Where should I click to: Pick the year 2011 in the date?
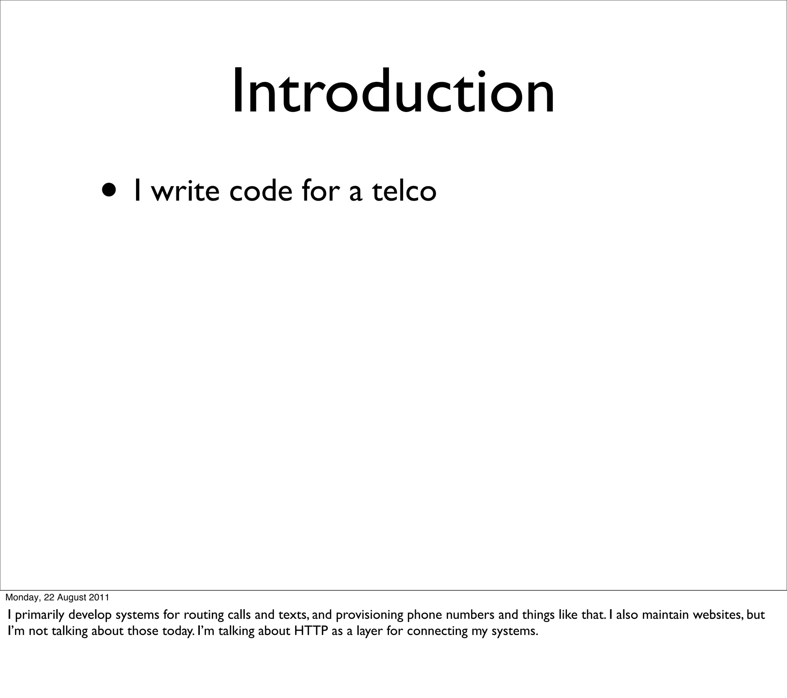click(99, 597)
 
